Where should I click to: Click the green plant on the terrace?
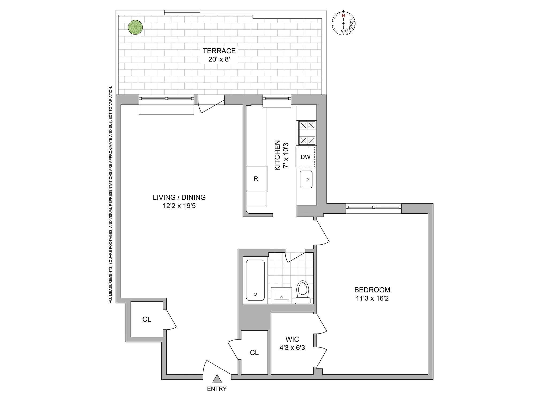click(135, 27)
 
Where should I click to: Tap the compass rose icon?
click(343, 23)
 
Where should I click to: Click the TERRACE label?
click(219, 51)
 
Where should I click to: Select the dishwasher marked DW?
click(305, 157)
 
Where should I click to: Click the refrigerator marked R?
click(256, 179)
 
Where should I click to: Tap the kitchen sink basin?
click(306, 179)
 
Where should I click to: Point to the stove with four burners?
click(307, 133)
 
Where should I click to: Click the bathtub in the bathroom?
click(255, 280)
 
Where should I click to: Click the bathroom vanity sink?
click(281, 295)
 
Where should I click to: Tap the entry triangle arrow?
click(217, 379)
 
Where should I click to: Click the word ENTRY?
click(217, 389)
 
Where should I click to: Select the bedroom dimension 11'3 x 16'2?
click(372, 298)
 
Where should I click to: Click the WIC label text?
click(292, 339)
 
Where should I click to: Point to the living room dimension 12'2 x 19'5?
click(179, 206)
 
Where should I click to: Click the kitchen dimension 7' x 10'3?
click(286, 155)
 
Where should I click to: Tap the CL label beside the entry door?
click(254, 353)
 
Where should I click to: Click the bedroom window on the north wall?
click(373, 207)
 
